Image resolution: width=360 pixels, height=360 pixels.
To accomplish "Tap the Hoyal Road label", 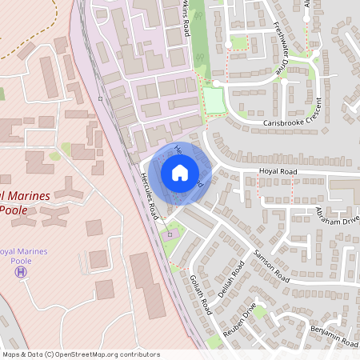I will point(277,171).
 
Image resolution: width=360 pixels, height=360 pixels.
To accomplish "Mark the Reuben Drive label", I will point(239,319).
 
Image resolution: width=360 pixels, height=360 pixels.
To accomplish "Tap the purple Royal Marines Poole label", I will point(22,256).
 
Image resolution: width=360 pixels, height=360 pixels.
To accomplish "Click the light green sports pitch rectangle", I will point(213,100).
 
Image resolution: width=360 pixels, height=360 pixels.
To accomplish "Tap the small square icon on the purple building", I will point(168,234).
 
